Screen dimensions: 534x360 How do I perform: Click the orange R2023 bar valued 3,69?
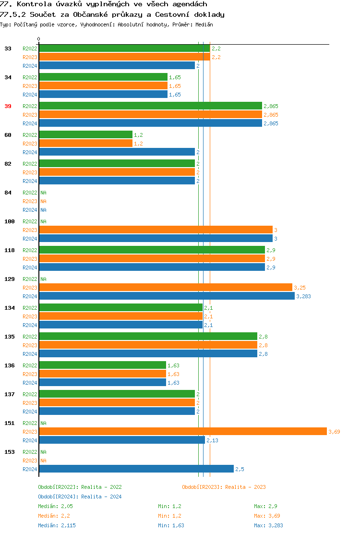point(182,432)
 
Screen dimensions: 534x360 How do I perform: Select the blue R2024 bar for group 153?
point(136,469)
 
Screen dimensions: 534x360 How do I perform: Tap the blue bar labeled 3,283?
point(167,296)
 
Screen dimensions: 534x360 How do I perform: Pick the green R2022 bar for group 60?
point(85,135)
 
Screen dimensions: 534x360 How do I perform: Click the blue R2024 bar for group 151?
point(122,440)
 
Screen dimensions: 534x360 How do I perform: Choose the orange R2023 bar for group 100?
point(156,230)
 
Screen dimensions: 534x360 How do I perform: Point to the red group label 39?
point(8,106)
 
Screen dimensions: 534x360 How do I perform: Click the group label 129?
point(10,279)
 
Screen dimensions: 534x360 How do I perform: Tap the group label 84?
point(8,193)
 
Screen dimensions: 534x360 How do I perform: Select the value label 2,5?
point(240,469)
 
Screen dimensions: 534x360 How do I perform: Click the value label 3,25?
point(300,288)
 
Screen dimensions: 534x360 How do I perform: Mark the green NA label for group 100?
point(43,221)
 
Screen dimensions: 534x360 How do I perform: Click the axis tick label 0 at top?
point(39,39)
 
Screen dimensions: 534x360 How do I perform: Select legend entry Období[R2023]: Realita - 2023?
point(224,487)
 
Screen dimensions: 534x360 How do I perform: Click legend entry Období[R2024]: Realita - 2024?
point(80,497)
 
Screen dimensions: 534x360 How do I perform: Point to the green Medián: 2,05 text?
point(55,506)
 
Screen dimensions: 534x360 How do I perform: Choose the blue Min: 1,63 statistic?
point(171,525)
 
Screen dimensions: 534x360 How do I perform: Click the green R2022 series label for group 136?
point(30,365)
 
